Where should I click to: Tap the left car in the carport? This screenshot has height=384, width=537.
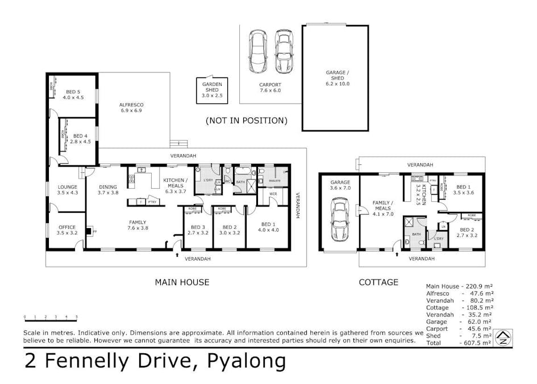point(258,52)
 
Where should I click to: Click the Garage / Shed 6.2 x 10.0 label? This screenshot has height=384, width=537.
point(338,78)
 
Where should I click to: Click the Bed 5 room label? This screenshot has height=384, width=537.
point(73,94)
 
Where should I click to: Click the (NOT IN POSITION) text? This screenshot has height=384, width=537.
point(246,121)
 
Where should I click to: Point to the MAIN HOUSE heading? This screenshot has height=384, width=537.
point(182,282)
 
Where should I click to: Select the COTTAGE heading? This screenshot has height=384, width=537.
point(378,282)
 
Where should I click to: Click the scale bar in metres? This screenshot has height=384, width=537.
point(50,316)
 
